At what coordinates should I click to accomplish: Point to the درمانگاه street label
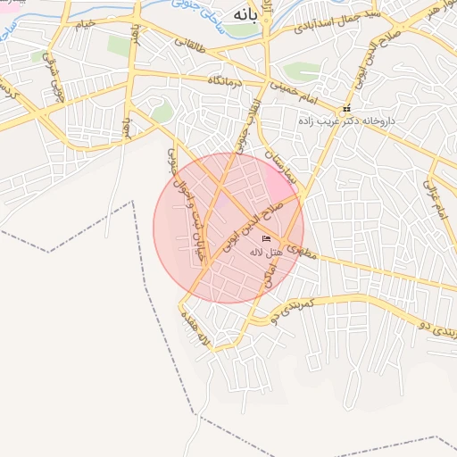click(227, 81)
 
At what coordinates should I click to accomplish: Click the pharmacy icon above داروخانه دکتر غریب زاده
click(346, 109)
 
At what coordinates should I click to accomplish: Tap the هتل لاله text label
click(267, 253)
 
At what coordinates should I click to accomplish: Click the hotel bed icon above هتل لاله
click(266, 239)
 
